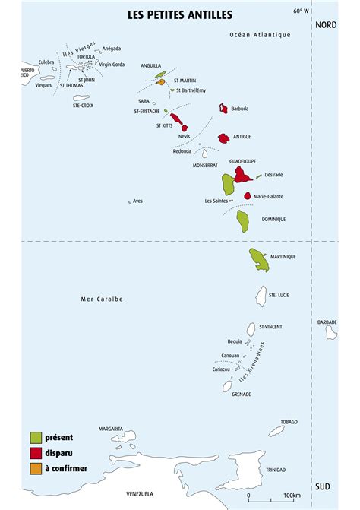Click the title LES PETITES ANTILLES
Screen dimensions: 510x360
pos(180,14)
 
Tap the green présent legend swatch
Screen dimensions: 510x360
pos(36,437)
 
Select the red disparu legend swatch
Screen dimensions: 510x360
pos(36,452)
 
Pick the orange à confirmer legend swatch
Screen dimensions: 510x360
pos(36,467)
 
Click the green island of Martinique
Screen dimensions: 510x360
pos(259,258)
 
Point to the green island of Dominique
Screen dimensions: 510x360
pos(243,220)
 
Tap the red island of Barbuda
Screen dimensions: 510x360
pos(223,109)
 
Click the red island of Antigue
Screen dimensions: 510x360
pos(224,138)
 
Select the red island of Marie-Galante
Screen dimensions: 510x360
pos(248,195)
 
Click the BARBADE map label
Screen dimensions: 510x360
pos(327,322)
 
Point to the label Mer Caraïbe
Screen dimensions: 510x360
pos(102,299)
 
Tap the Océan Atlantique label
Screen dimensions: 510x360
pos(260,34)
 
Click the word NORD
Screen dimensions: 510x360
pos(326,24)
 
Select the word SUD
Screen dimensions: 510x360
pos(323,486)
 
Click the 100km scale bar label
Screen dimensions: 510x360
pos(292,496)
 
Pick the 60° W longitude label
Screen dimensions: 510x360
pos(301,11)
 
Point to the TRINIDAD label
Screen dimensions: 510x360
pos(276,470)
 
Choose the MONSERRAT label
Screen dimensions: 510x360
pos(205,165)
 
